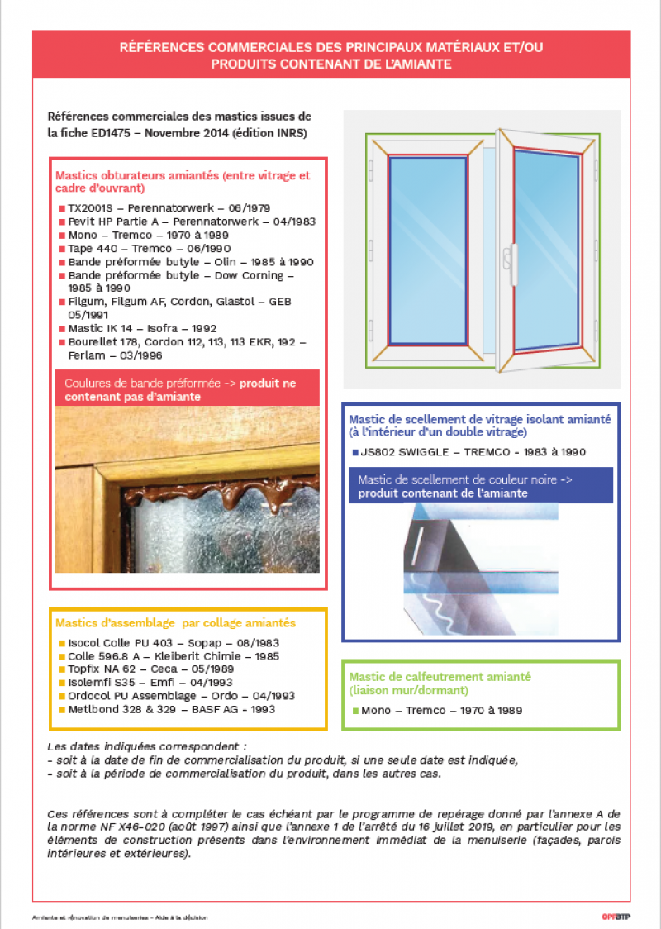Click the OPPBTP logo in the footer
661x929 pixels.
coord(616,917)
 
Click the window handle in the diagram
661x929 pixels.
coord(513,255)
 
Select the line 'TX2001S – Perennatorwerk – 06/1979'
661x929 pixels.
coord(169,208)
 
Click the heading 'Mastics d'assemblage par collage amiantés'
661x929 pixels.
coord(175,622)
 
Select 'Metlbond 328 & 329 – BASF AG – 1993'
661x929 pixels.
coord(171,709)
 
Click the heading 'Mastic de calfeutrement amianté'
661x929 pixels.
coord(440,676)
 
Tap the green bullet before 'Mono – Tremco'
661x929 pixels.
coord(355,711)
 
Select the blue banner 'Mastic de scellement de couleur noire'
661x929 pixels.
coord(481,486)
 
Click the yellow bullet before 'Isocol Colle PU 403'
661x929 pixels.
coord(61,643)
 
